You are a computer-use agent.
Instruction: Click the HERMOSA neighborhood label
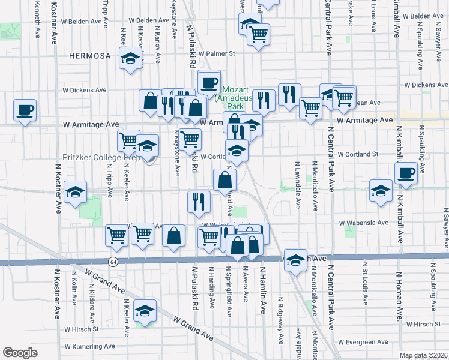tap(90, 56)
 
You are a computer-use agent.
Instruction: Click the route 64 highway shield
tap(113, 262)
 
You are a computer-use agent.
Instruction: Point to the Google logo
tap(20, 352)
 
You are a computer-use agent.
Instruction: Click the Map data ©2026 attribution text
tap(424, 355)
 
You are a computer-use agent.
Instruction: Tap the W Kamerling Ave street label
tap(90, 347)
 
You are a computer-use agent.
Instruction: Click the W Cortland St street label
tap(358, 154)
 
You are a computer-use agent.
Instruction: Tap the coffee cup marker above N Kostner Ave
tap(25, 110)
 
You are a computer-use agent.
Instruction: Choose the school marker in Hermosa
tap(130, 58)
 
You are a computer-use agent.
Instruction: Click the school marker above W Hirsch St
tap(145, 310)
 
